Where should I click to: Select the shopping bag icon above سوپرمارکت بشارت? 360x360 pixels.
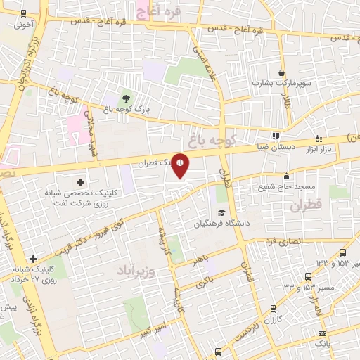282,73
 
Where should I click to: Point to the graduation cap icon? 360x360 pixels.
221,213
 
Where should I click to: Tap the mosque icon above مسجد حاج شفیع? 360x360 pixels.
286,176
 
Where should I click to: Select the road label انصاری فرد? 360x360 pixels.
282,241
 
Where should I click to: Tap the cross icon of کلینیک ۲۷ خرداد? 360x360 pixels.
32,259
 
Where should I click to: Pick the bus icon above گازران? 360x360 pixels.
273,308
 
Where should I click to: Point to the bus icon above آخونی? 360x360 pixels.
23,13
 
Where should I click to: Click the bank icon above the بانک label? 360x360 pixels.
322,333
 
